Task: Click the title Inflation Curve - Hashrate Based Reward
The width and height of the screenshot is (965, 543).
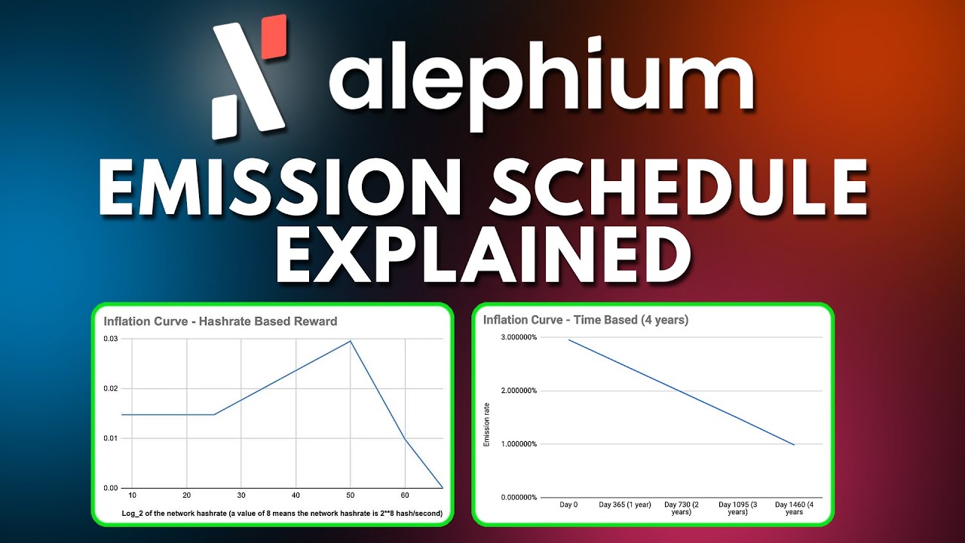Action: click(x=220, y=321)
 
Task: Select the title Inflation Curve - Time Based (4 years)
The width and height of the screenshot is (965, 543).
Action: click(x=586, y=320)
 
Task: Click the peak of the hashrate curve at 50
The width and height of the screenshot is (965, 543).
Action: click(x=350, y=341)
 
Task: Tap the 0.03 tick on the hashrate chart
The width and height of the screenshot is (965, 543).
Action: click(x=111, y=339)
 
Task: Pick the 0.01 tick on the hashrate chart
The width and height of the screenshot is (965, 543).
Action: click(x=111, y=438)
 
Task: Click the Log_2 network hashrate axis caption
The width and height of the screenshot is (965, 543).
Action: click(x=282, y=514)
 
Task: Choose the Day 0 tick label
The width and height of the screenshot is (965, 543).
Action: click(x=569, y=504)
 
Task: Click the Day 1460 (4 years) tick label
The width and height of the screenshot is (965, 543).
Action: click(x=794, y=508)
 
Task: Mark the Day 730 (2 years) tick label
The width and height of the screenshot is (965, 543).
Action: click(x=682, y=508)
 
